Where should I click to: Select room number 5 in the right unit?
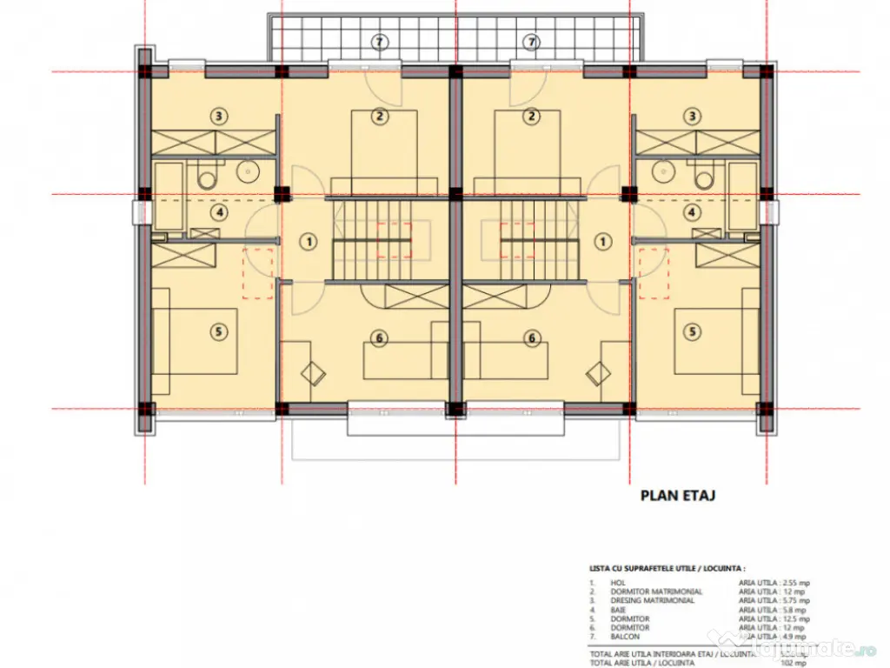pyautogui.click(x=693, y=331)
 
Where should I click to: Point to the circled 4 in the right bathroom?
pyautogui.click(x=692, y=211)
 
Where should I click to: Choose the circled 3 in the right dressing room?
pyautogui.click(x=692, y=115)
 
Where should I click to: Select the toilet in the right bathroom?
pyautogui.click(x=704, y=177)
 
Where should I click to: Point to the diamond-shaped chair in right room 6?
pyautogui.click(x=598, y=374)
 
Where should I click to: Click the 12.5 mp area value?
pyautogui.click(x=794, y=618)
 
